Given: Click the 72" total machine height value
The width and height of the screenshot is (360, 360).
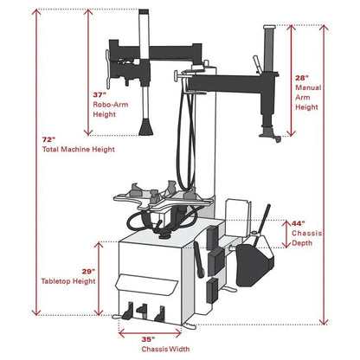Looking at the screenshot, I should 48,138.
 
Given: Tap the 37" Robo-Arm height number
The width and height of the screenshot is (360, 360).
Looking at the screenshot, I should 98,94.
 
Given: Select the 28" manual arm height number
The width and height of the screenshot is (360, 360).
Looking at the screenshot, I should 302,79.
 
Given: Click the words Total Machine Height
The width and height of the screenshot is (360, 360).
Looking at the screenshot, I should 79,149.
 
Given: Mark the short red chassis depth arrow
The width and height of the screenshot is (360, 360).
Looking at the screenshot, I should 286,231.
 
